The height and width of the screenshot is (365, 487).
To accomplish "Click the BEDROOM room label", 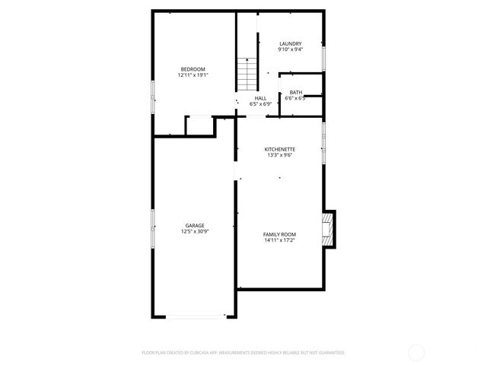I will pyautogui.click(x=193, y=69).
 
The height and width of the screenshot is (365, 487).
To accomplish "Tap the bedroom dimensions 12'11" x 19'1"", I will pyautogui.click(x=193, y=75).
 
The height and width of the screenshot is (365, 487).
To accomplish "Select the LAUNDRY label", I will pyautogui.click(x=290, y=43).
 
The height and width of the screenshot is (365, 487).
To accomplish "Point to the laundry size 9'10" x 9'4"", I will pyautogui.click(x=290, y=49).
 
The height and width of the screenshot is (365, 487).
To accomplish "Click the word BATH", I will pyautogui.click(x=295, y=92).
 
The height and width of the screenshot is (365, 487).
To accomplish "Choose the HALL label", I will pyautogui.click(x=260, y=98).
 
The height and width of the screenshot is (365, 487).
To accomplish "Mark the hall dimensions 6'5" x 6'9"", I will pyautogui.click(x=260, y=104).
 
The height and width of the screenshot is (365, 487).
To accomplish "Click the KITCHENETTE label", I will pyautogui.click(x=279, y=148).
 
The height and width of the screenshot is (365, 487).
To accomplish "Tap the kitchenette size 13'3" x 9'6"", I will pyautogui.click(x=279, y=154).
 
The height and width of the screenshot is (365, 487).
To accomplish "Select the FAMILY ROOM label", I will pyautogui.click(x=279, y=234).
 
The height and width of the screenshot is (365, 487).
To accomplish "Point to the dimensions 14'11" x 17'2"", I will pyautogui.click(x=279, y=240).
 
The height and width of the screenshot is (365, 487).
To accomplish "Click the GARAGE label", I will pyautogui.click(x=194, y=226).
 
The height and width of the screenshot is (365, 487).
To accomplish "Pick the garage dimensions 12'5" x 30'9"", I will pyautogui.click(x=194, y=232).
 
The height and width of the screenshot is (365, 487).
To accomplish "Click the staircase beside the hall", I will pyautogui.click(x=246, y=74).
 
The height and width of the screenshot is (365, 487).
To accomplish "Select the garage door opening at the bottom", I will pyautogui.click(x=196, y=317).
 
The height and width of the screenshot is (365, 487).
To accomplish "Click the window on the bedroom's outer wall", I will pyautogui.click(x=153, y=97).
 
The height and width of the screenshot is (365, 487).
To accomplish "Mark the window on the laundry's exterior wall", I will pyautogui.click(x=326, y=57).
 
